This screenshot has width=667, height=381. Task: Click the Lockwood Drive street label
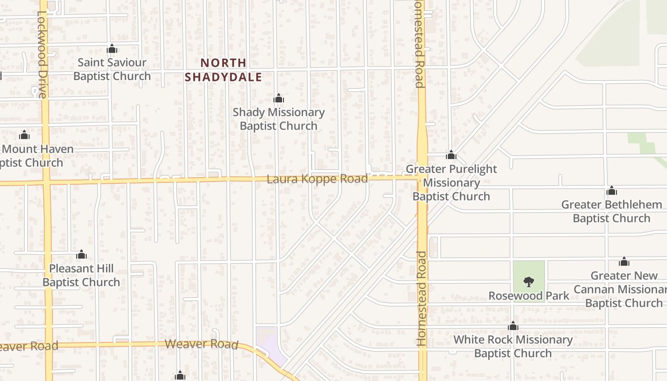tap(42, 55)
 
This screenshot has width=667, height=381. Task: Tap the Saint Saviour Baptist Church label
tap(112, 70)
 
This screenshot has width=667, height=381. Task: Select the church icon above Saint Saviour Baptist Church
tap(112, 49)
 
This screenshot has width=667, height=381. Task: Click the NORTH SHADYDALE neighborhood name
tap(223, 70)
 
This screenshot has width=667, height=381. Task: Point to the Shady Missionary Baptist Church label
tap(279, 119)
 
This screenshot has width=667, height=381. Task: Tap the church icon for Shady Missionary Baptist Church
tap(279, 99)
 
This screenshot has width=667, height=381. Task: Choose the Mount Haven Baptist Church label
tap(33, 156)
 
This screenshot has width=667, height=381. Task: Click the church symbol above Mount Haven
tap(24, 135)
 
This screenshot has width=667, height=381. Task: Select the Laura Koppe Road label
tap(317, 179)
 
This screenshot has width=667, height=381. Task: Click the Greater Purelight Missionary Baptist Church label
tap(451, 182)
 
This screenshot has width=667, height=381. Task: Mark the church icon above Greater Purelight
tap(451, 155)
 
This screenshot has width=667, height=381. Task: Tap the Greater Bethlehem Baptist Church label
tap(612, 211)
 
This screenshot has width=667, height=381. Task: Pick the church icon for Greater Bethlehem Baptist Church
tap(612, 191)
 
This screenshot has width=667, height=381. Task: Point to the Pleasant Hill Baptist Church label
tap(81, 275)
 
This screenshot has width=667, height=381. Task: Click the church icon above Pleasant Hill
tap(81, 254)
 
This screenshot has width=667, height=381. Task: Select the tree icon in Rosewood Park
tap(528, 282)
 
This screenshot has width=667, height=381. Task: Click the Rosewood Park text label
tap(529, 296)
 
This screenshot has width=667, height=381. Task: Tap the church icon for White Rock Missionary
tap(513, 326)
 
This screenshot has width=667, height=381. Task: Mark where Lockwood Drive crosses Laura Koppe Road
tap(46, 182)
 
